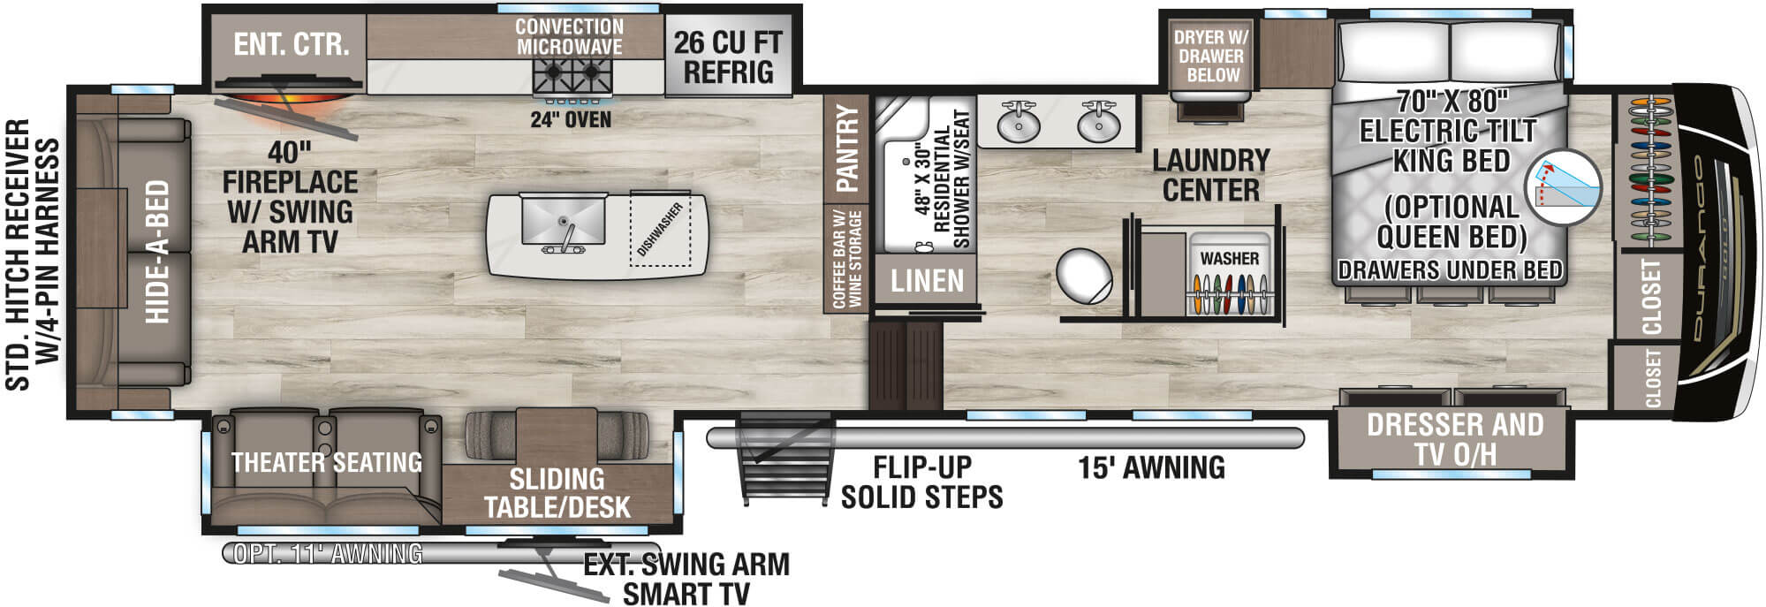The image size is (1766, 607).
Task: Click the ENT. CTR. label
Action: point(291,44)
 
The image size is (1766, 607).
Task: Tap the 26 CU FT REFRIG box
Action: point(728,57)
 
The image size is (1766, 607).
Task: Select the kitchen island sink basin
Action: point(561,219)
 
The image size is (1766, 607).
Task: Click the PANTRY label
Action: point(847,148)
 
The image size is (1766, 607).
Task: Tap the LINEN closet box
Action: point(927,281)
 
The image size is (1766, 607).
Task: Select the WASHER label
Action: point(1229,258)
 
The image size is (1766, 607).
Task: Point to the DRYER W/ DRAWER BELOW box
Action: point(1211,56)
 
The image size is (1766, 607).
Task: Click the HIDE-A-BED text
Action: point(157,252)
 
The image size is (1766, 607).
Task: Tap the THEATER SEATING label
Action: point(326,462)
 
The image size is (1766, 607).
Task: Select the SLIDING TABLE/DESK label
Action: point(557,493)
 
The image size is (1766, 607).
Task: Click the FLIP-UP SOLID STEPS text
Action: point(921,482)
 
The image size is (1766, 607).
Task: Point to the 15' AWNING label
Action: point(1151,467)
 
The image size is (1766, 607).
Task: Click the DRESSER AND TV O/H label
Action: point(1454,439)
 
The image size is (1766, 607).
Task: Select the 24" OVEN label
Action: point(571,119)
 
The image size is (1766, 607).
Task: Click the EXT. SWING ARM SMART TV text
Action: point(686,579)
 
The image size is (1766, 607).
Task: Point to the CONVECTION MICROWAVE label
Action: point(569,37)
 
